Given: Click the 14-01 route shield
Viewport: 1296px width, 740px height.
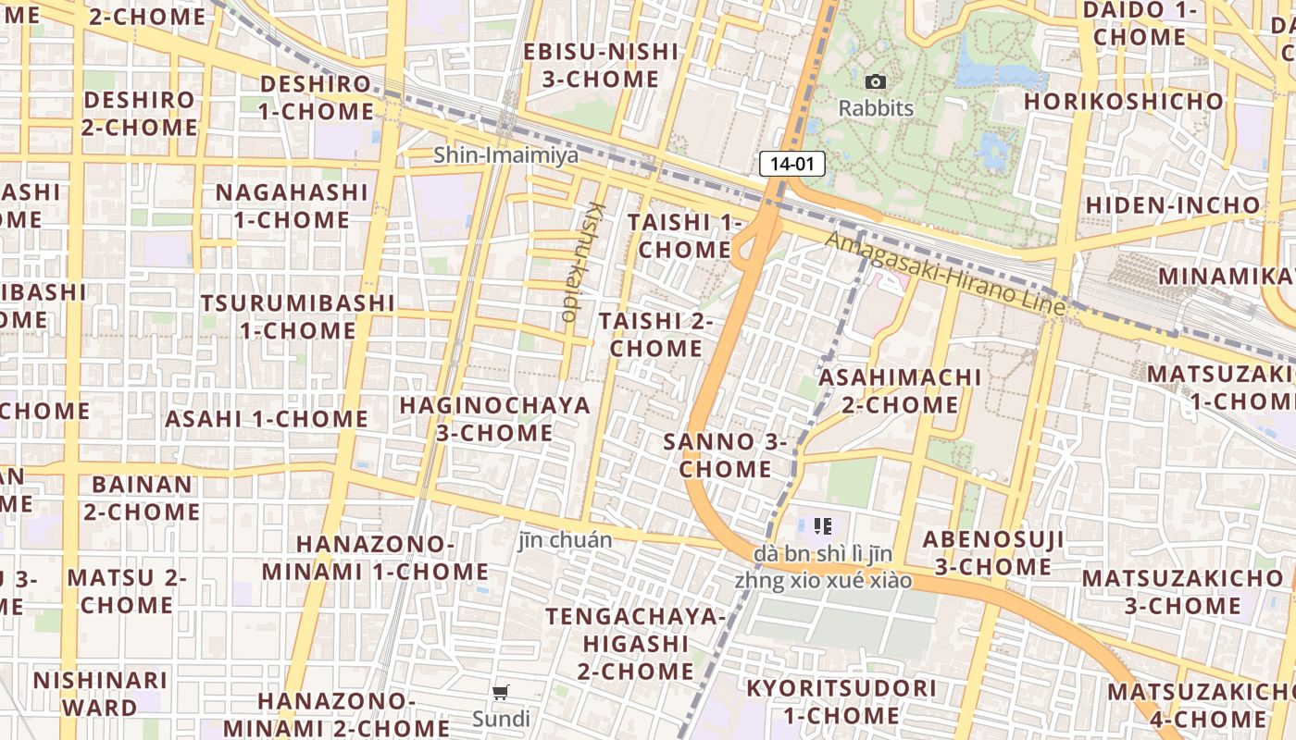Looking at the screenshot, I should click(x=791, y=165).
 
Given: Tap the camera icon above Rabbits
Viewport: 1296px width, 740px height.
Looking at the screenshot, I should click(x=875, y=82).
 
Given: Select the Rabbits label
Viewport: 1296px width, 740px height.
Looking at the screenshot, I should click(x=876, y=108).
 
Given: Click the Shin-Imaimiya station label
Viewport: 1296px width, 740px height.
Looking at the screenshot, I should click(x=506, y=154).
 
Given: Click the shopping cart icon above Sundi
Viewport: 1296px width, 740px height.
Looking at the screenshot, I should click(x=501, y=693).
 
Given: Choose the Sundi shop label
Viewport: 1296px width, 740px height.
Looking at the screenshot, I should click(x=501, y=719).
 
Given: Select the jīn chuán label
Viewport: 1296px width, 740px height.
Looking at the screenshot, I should click(x=565, y=540).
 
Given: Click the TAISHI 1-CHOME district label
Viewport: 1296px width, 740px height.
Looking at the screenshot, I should click(x=685, y=236).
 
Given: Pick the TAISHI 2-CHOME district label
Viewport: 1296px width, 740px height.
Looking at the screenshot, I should click(x=655, y=335).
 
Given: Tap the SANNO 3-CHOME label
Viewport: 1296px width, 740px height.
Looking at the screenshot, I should click(x=726, y=455).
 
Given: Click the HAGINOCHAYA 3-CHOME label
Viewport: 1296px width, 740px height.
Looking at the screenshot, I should click(x=494, y=419).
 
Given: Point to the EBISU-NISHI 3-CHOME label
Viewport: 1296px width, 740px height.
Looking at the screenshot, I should click(x=601, y=65).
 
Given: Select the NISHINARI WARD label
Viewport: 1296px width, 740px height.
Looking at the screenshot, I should click(x=100, y=694).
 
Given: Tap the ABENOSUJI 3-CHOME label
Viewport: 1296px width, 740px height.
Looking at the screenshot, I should click(x=993, y=552).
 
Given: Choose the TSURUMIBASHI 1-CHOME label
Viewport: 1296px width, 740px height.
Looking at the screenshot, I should click(x=298, y=316).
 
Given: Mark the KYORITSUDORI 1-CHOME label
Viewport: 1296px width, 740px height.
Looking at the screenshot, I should click(x=841, y=701).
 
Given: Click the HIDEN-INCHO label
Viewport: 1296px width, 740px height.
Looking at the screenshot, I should click(x=1173, y=204).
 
